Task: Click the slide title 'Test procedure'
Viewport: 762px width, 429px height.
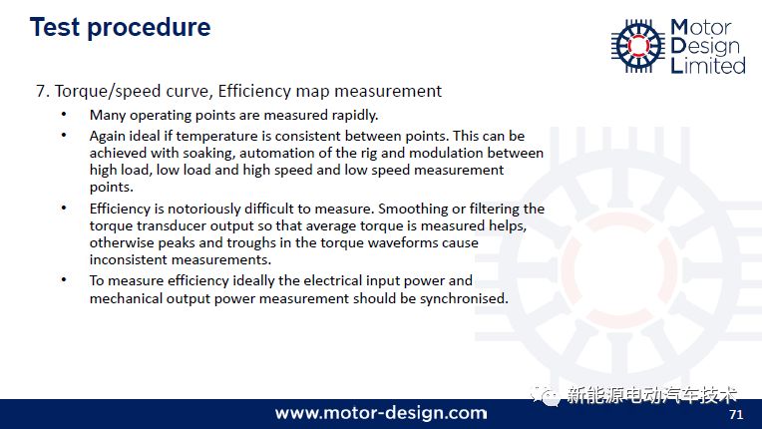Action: coord(120,28)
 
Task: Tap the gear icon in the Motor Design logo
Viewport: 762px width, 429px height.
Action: coord(638,46)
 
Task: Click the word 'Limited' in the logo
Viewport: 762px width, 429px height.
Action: coord(708,65)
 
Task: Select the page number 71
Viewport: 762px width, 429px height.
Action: coord(736,414)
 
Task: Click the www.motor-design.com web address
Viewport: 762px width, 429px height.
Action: coord(381,413)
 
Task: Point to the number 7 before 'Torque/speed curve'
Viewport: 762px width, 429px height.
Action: coord(41,91)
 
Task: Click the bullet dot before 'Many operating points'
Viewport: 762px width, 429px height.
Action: coord(64,115)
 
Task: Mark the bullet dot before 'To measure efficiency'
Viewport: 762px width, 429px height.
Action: coord(64,280)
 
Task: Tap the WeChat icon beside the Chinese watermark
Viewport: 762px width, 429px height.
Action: coord(545,395)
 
